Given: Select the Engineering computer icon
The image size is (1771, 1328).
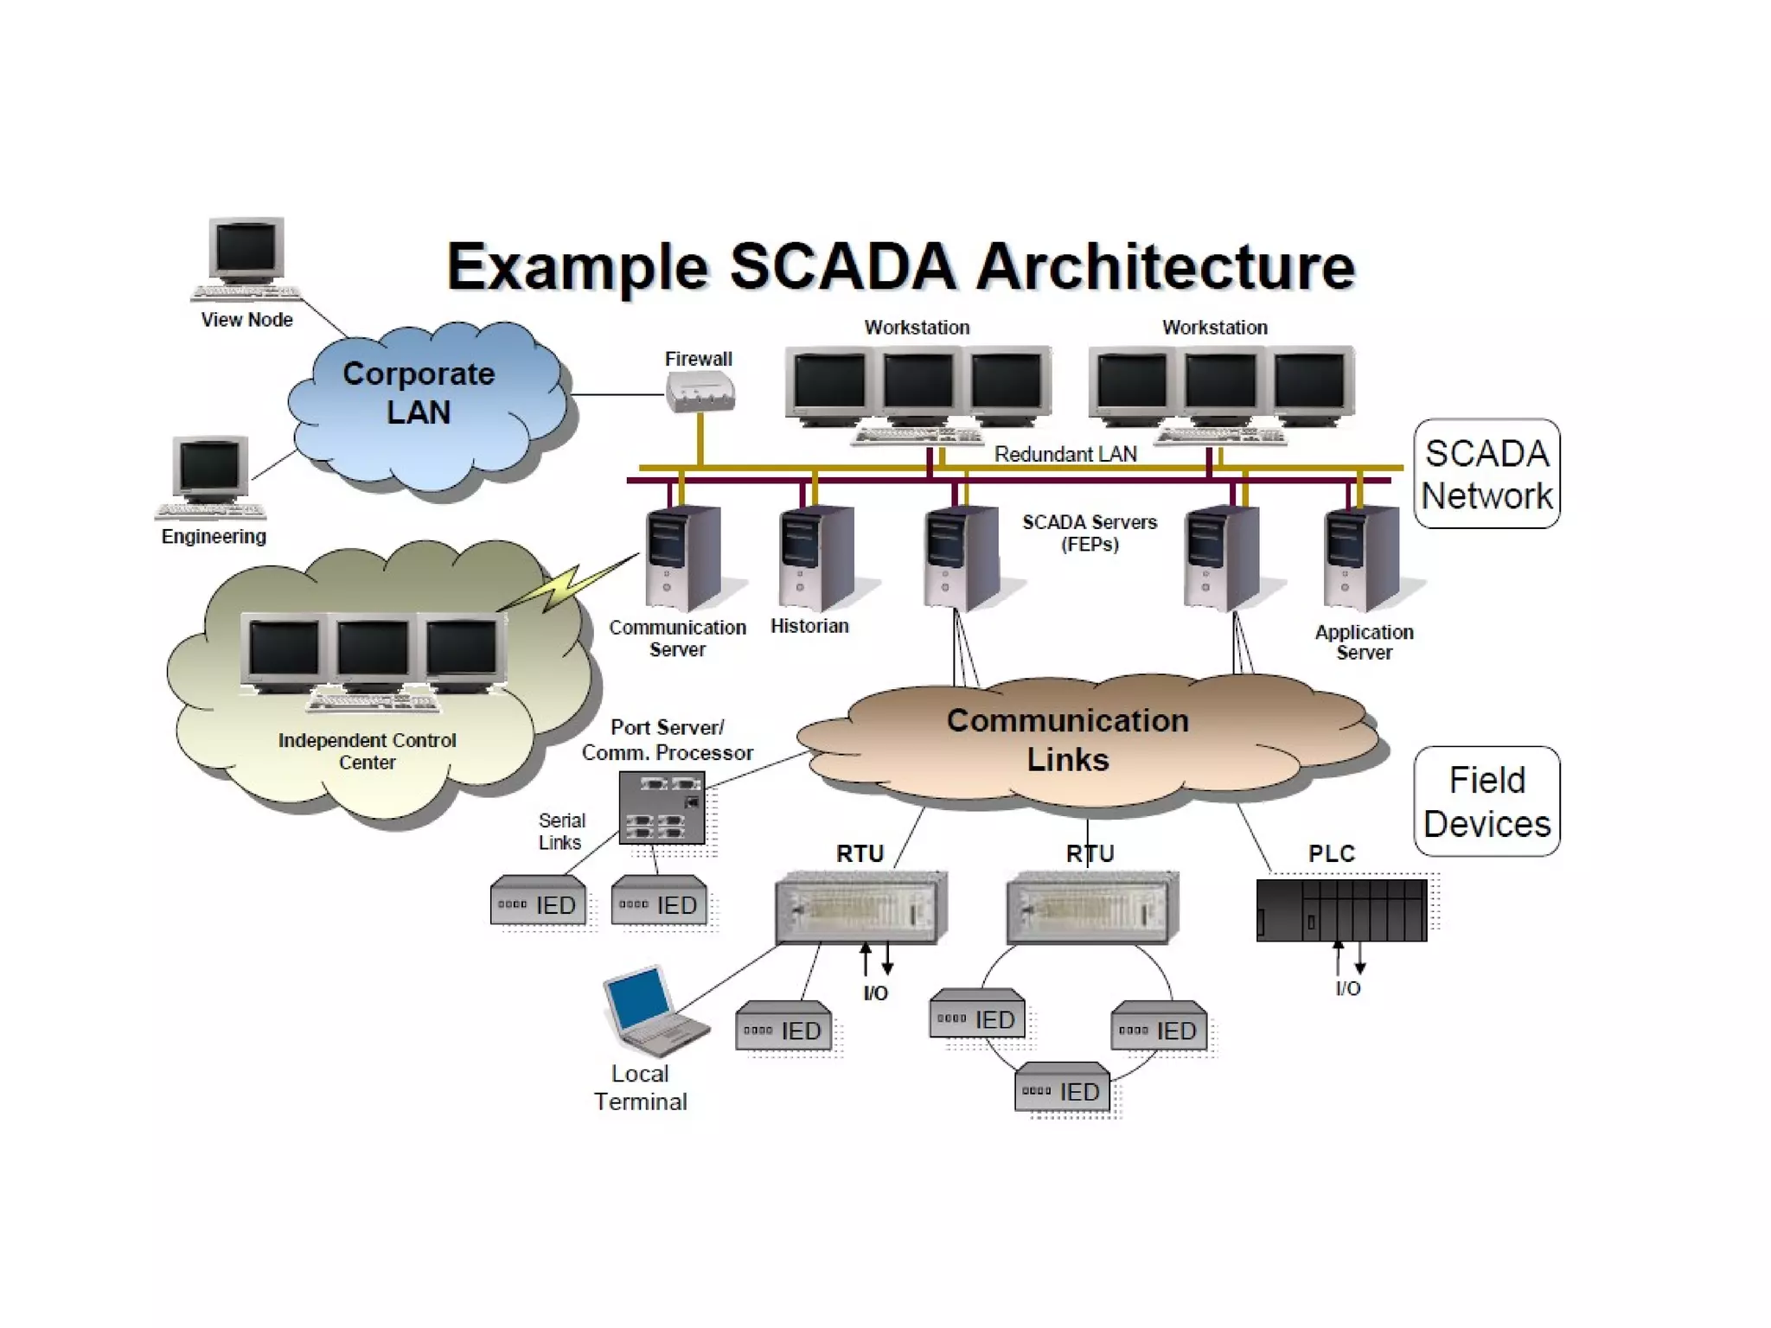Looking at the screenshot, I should pos(210,476).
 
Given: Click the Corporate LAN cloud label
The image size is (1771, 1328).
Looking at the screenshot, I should pos(419,393).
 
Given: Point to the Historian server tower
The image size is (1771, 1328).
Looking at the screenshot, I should pos(815,558).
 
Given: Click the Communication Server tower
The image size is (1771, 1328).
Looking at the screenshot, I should pos(682,558).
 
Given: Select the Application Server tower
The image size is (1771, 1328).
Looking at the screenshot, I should pos(1361,558).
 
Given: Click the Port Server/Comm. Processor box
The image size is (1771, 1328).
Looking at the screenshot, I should pos(662,808).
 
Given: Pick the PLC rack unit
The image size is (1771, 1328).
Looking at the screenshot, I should pos(1340,910).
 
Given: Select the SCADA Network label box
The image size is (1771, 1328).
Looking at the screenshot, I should pos(1486,474).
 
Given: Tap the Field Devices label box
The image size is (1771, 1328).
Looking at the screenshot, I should pos(1486,801).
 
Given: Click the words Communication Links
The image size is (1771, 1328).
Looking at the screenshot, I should pos(1067,740).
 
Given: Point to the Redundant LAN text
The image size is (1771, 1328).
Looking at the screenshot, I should pos(1065,454).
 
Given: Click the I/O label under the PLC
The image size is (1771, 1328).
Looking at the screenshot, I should pos(1347,988).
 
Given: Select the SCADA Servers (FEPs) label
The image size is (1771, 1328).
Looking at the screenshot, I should pos(1090,533).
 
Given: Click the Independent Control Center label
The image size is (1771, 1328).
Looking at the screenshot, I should pos(367,750).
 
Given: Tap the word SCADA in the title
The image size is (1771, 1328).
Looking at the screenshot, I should pos(843,266).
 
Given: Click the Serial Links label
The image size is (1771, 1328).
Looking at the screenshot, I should pos(561,831).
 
